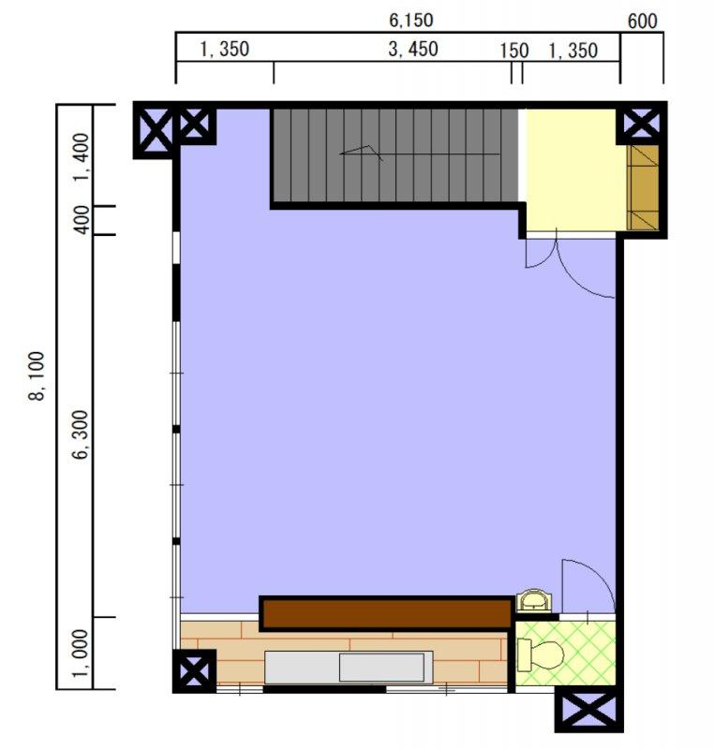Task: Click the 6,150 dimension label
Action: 411,20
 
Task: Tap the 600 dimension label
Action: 642,21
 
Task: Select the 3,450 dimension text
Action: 413,50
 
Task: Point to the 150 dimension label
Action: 513,51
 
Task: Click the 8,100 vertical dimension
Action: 37,376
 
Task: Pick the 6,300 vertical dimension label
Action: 82,434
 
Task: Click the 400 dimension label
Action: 82,219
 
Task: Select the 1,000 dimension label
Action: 81,653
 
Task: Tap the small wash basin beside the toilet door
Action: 534,601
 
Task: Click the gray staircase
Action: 394,155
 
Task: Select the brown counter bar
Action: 386,613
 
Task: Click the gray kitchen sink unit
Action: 349,667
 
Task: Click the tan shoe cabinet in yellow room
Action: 643,187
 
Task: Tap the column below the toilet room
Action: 588,709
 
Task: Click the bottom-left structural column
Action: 194,670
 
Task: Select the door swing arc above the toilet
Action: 588,586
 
